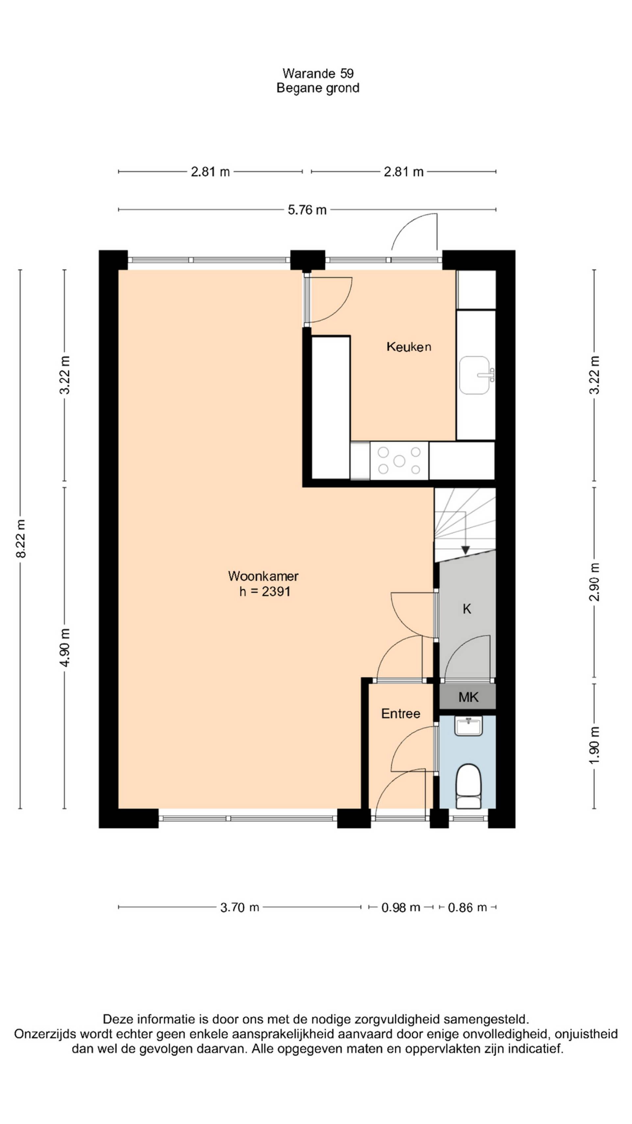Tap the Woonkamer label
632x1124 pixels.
(263, 576)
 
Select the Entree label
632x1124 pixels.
(400, 713)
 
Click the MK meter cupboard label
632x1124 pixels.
(468, 697)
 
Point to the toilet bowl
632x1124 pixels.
(468, 785)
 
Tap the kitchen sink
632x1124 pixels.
(476, 375)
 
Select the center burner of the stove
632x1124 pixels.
(399, 461)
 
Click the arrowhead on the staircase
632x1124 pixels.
(465, 550)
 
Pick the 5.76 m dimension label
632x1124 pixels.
(307, 210)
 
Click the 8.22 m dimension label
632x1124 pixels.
(20, 538)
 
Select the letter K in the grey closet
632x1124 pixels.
(467, 609)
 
